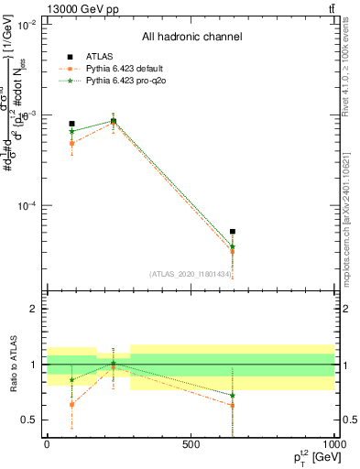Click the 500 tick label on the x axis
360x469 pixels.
coord(191,444)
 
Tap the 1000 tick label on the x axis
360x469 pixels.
coord(333,444)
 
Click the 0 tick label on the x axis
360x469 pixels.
coord(47,444)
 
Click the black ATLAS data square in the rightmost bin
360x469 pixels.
coord(233,232)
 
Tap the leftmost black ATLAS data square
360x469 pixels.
coord(71,124)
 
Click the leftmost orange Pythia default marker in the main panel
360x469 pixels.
coord(71,143)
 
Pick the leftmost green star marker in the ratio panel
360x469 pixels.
coord(71,379)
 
